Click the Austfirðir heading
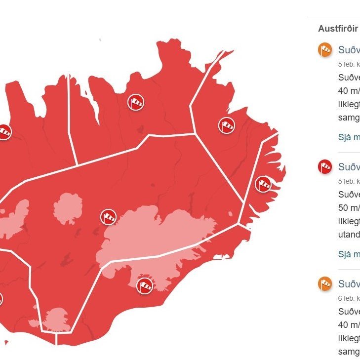coord(338,28)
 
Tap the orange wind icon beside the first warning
coord(324,50)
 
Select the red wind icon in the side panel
coord(324,167)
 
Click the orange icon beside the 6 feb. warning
coord(324,284)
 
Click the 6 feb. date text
coord(349,298)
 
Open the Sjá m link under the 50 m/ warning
coord(349,254)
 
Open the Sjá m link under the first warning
coord(349,137)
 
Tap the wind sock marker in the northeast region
coord(227,125)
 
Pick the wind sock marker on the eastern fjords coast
coord(263,185)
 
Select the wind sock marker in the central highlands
coord(109,216)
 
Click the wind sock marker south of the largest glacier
coord(145,285)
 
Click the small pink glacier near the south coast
coord(55,319)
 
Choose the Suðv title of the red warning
coord(349,167)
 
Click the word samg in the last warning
coord(349,351)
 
